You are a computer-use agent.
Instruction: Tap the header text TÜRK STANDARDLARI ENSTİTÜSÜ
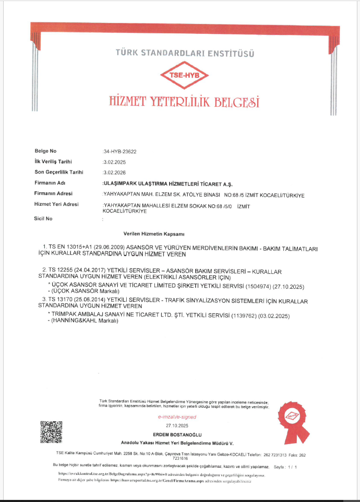coord(184,53)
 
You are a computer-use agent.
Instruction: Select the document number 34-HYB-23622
coord(120,151)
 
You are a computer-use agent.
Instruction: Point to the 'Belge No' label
coord(45,151)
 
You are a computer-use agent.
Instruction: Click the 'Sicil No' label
coord(43,218)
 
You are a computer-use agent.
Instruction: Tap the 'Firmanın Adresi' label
coord(53,194)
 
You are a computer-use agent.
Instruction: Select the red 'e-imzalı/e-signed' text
coord(176,418)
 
